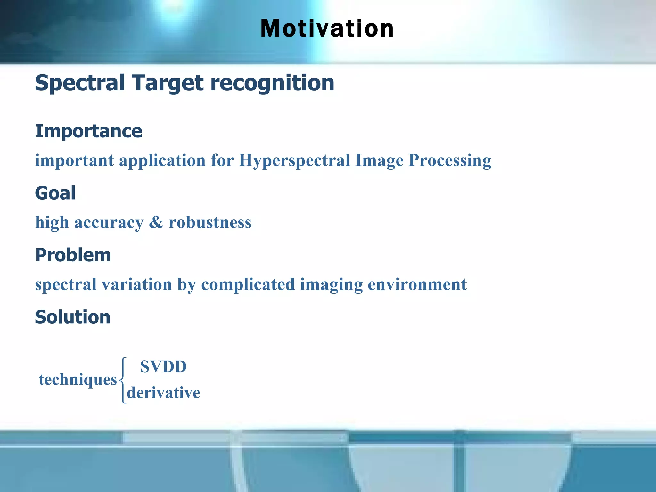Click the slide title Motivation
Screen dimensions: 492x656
pyautogui.click(x=327, y=29)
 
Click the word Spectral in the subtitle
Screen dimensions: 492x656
pyautogui.click(x=79, y=83)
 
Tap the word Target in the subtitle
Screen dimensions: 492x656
pyautogui.click(x=168, y=83)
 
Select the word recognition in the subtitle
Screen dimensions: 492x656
pyautogui.click(x=272, y=83)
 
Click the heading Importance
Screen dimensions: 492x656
pyautogui.click(x=88, y=131)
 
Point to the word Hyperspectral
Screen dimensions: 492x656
pyautogui.click(x=294, y=160)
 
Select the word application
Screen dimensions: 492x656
pyautogui.click(x=162, y=160)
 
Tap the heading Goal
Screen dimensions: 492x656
pyautogui.click(x=55, y=193)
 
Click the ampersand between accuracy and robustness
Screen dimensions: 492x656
pyautogui.click(x=156, y=222)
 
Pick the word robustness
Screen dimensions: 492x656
pyautogui.click(x=210, y=222)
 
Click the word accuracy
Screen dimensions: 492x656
pyautogui.click(x=109, y=223)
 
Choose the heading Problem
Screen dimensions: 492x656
pyautogui.click(x=73, y=255)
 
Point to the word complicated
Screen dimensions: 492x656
pyautogui.click(x=248, y=284)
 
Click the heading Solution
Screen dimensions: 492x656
pyautogui.click(x=72, y=317)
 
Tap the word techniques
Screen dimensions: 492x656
pyautogui.click(x=78, y=380)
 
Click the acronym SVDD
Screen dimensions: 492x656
pyautogui.click(x=163, y=366)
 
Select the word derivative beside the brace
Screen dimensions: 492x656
pyautogui.click(x=163, y=393)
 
